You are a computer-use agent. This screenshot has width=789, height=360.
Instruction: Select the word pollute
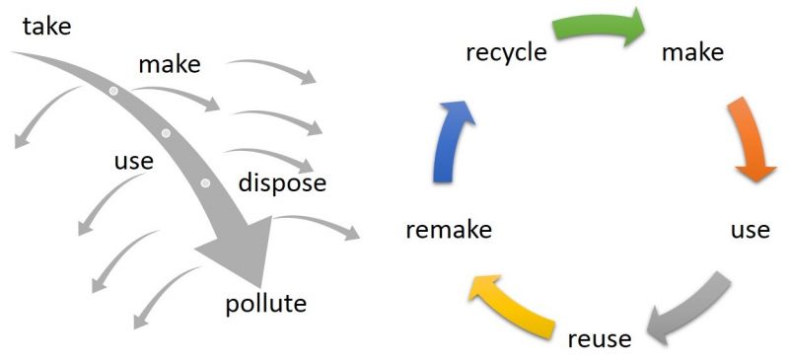[266, 302]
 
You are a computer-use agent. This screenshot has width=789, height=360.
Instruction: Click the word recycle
[506, 51]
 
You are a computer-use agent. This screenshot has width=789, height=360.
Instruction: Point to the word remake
[449, 230]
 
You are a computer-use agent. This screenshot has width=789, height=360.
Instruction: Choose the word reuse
[600, 338]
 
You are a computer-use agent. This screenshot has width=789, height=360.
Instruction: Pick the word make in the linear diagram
[170, 65]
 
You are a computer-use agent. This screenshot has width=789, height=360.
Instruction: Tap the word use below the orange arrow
[750, 230]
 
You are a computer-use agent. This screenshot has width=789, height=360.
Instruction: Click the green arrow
[598, 27]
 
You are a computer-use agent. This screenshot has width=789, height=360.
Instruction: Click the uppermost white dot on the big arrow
[113, 92]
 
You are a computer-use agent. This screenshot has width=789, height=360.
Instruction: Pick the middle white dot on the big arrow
[166, 133]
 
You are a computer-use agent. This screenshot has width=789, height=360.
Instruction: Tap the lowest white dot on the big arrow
[205, 183]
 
